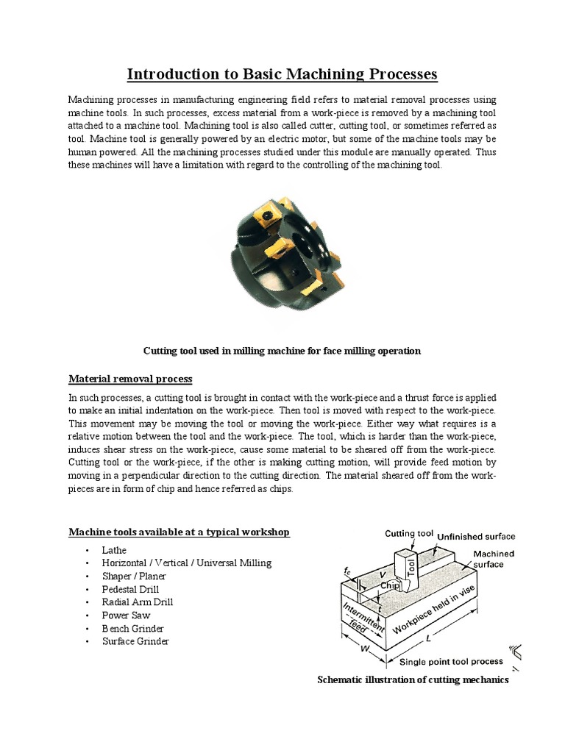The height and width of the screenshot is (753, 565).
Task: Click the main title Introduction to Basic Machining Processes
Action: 282,74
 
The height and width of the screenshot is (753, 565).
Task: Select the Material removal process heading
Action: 130,379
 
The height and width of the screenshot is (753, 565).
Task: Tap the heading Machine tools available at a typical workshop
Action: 179,532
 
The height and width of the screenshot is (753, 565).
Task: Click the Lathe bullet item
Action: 115,550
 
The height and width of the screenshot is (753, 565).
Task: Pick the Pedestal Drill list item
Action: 131,589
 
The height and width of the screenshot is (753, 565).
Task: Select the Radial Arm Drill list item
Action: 138,602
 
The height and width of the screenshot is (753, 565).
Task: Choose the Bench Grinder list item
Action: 133,629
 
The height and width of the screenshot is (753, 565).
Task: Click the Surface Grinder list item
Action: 136,641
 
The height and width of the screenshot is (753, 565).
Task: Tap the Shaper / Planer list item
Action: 135,576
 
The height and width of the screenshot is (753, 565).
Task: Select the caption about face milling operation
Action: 282,351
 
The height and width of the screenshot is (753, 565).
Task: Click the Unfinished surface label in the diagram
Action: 477,537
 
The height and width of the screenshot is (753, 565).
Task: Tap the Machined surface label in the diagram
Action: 493,559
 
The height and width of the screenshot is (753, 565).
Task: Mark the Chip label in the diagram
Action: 390,585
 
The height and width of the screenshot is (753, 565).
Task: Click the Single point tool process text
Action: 461,662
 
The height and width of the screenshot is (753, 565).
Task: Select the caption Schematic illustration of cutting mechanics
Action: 413,680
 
